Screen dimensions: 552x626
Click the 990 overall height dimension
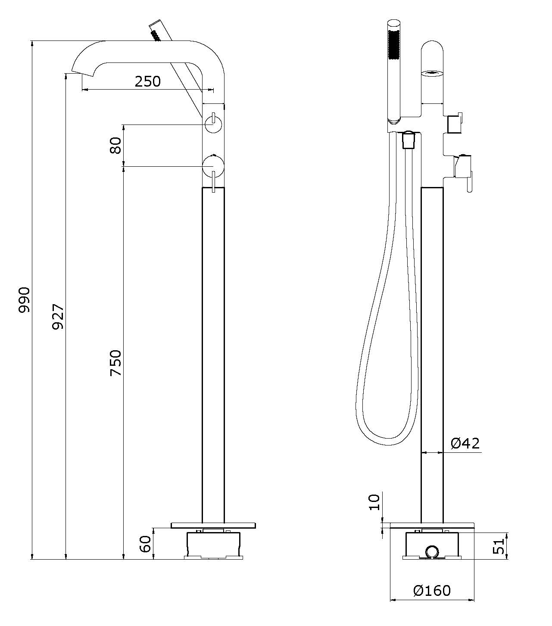tap(24, 299)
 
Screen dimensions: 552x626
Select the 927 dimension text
tap(58, 317)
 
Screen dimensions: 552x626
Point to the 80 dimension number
tap(115, 146)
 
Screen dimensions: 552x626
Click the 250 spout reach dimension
tap(148, 81)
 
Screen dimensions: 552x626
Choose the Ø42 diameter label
tap(465, 443)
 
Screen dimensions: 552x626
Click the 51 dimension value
tap(498, 546)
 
